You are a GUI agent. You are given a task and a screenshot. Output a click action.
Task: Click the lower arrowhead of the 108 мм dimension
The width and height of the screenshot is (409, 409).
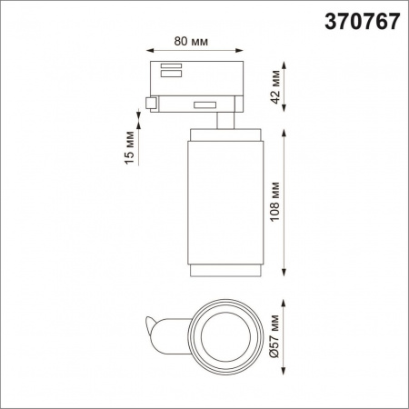coord(287,276)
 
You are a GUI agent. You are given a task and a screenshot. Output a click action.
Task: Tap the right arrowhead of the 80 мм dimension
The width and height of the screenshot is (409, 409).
coord(238,51)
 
